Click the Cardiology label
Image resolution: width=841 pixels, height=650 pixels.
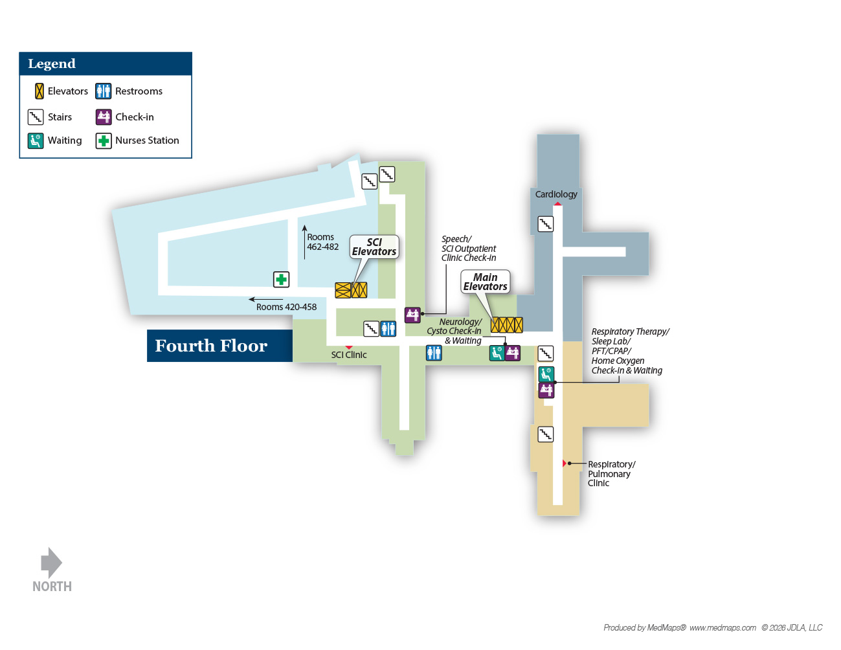tap(555, 194)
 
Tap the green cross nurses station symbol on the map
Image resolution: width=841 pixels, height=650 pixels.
tap(281, 279)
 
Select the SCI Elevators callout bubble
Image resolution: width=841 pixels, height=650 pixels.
tap(374, 247)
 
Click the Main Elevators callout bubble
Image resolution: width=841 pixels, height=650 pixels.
tap(485, 282)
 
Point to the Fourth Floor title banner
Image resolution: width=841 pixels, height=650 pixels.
tap(219, 346)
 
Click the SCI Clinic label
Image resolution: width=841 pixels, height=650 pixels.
tap(349, 355)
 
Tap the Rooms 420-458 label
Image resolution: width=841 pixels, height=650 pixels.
tap(286, 307)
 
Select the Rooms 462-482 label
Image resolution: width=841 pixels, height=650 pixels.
tap(323, 242)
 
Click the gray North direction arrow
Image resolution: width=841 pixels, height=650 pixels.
tap(51, 563)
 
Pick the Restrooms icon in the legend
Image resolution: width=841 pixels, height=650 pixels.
tap(104, 91)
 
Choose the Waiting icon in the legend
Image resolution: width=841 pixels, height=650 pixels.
tap(36, 141)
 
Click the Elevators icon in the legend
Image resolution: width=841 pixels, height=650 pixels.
tap(39, 91)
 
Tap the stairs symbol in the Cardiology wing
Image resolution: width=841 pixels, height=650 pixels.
tap(545, 224)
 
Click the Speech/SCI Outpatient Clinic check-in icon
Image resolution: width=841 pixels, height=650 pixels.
tap(412, 315)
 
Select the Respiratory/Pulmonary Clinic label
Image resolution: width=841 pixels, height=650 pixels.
tap(612, 473)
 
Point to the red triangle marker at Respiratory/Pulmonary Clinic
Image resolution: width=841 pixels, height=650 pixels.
tap(565, 463)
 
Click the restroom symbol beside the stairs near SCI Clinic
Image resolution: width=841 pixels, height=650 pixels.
tap(388, 329)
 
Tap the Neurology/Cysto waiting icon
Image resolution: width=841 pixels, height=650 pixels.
tap(497, 353)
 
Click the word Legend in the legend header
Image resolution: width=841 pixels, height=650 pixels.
tap(52, 63)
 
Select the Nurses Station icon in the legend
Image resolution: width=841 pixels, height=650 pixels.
tap(104, 141)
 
